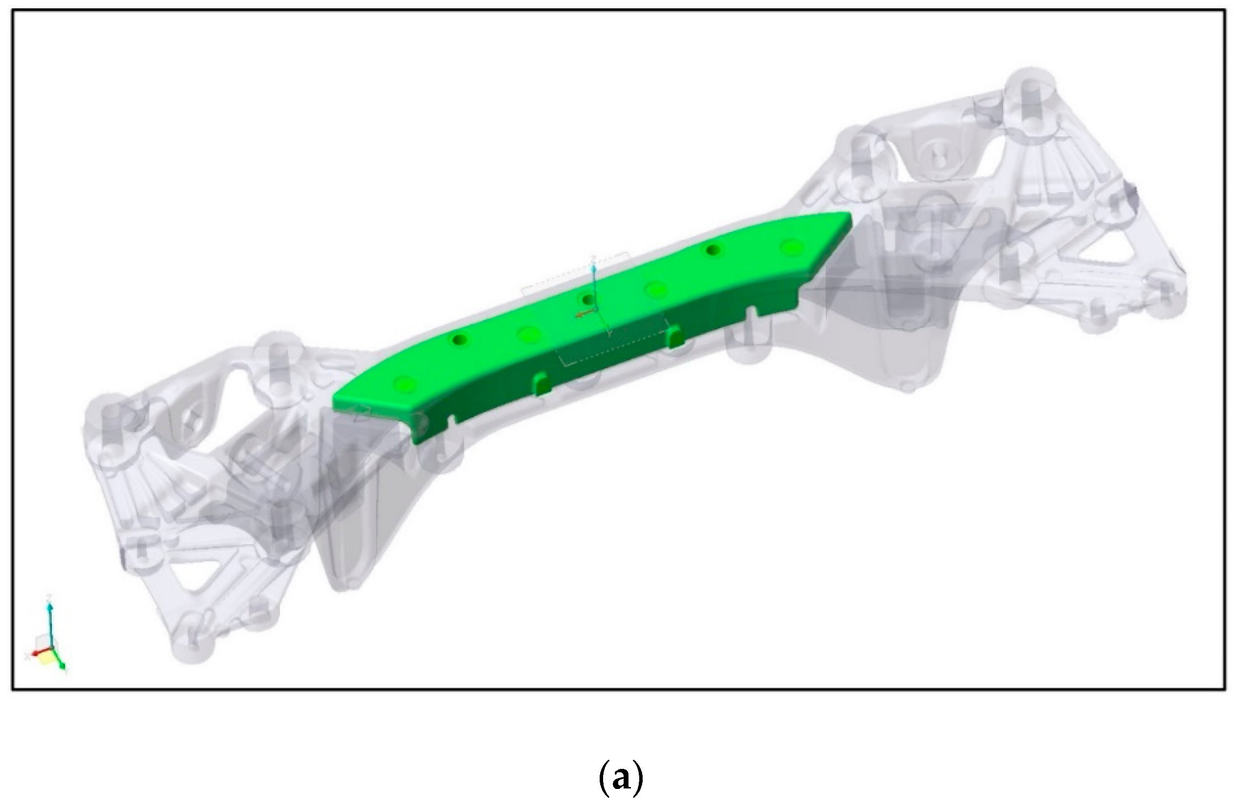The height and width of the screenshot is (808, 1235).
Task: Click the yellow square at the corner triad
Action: pyautogui.click(x=44, y=659)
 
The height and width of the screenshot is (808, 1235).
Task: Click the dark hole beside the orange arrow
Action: pyautogui.click(x=588, y=299)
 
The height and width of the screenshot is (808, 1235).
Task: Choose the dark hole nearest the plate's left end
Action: pyautogui.click(x=459, y=340)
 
